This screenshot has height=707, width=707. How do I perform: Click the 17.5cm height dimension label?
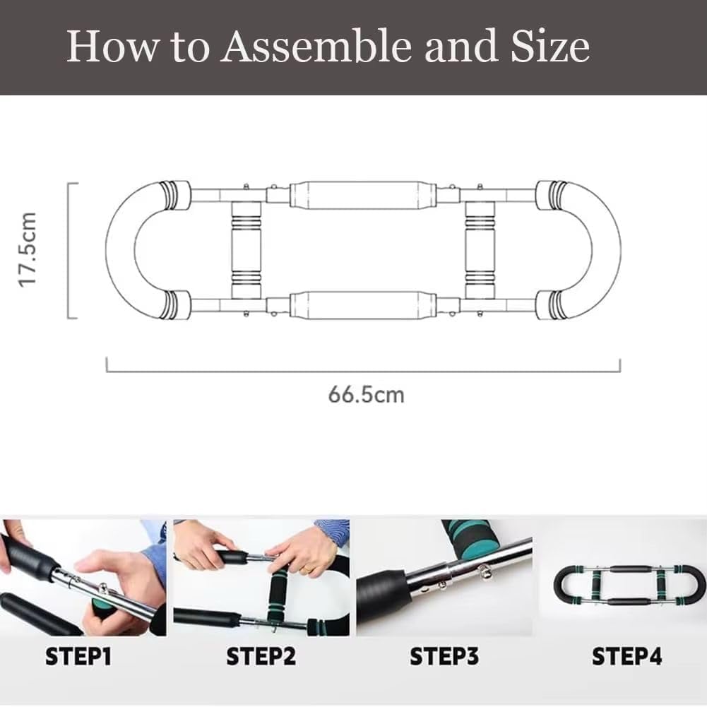click(x=28, y=250)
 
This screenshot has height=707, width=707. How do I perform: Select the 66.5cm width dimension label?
click(x=366, y=393)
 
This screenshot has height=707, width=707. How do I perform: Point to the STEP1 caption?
click(x=78, y=658)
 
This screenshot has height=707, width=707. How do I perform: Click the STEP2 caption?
click(x=261, y=658)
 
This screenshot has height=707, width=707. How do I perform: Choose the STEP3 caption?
click(x=445, y=658)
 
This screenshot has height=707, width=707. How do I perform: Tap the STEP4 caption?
click(x=627, y=658)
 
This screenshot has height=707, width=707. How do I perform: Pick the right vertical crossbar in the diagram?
click(x=480, y=250)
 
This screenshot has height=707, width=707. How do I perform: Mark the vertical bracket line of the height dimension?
click(x=69, y=250)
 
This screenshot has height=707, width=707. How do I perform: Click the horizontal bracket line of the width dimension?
click(x=363, y=371)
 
